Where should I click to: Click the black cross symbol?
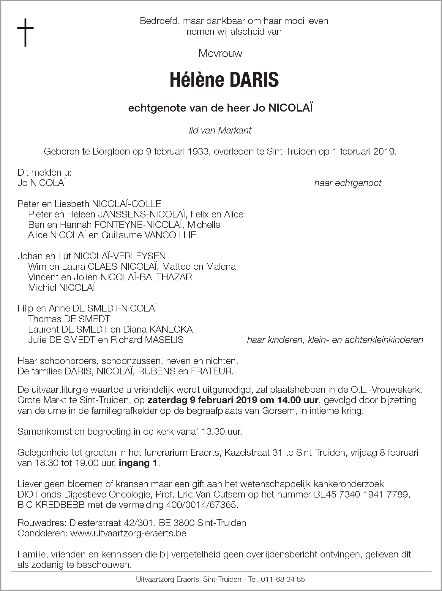coord(25,32)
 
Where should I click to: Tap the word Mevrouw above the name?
coord(220,53)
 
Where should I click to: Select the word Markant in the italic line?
coord(235,130)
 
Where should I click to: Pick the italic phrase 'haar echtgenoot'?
coord(348,183)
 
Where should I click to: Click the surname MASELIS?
coord(164,340)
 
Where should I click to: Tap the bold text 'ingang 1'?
coord(138,463)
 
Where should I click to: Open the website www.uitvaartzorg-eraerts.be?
coord(128,533)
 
